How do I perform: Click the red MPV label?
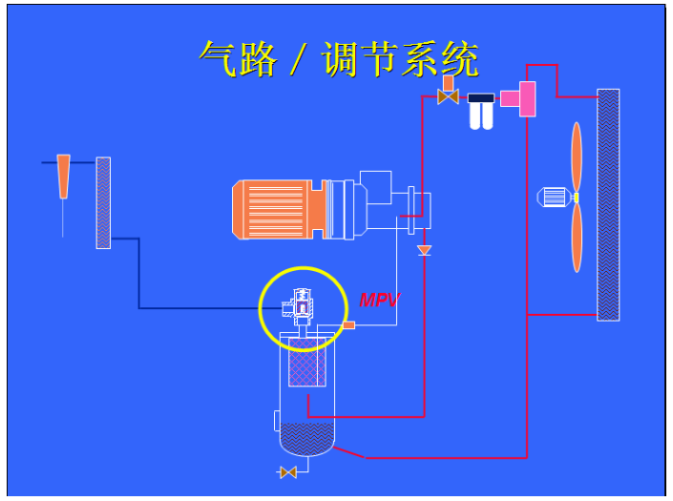click(x=379, y=301)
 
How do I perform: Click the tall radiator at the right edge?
click(x=608, y=204)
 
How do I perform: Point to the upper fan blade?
click(x=577, y=157)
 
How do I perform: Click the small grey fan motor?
click(x=554, y=198)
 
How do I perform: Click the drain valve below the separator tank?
click(x=287, y=471)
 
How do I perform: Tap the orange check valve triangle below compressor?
click(x=425, y=250)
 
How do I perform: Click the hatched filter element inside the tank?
click(x=307, y=361)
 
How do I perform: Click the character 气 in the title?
click(x=220, y=60)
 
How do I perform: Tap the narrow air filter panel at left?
click(x=103, y=202)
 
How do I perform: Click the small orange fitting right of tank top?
click(x=348, y=325)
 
